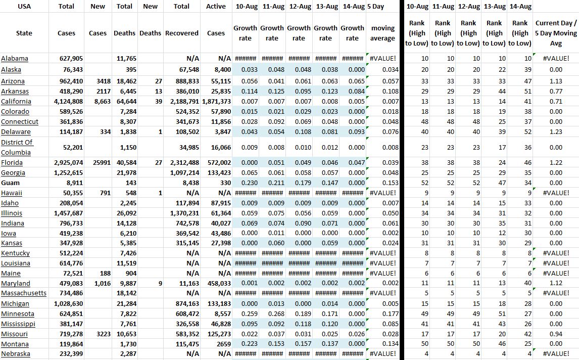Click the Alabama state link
(15, 59)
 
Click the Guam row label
(11, 183)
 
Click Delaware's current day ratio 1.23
(556, 132)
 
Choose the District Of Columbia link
(17, 147)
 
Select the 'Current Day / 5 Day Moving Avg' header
(556, 33)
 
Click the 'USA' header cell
(24, 7)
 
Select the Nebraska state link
(16, 354)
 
